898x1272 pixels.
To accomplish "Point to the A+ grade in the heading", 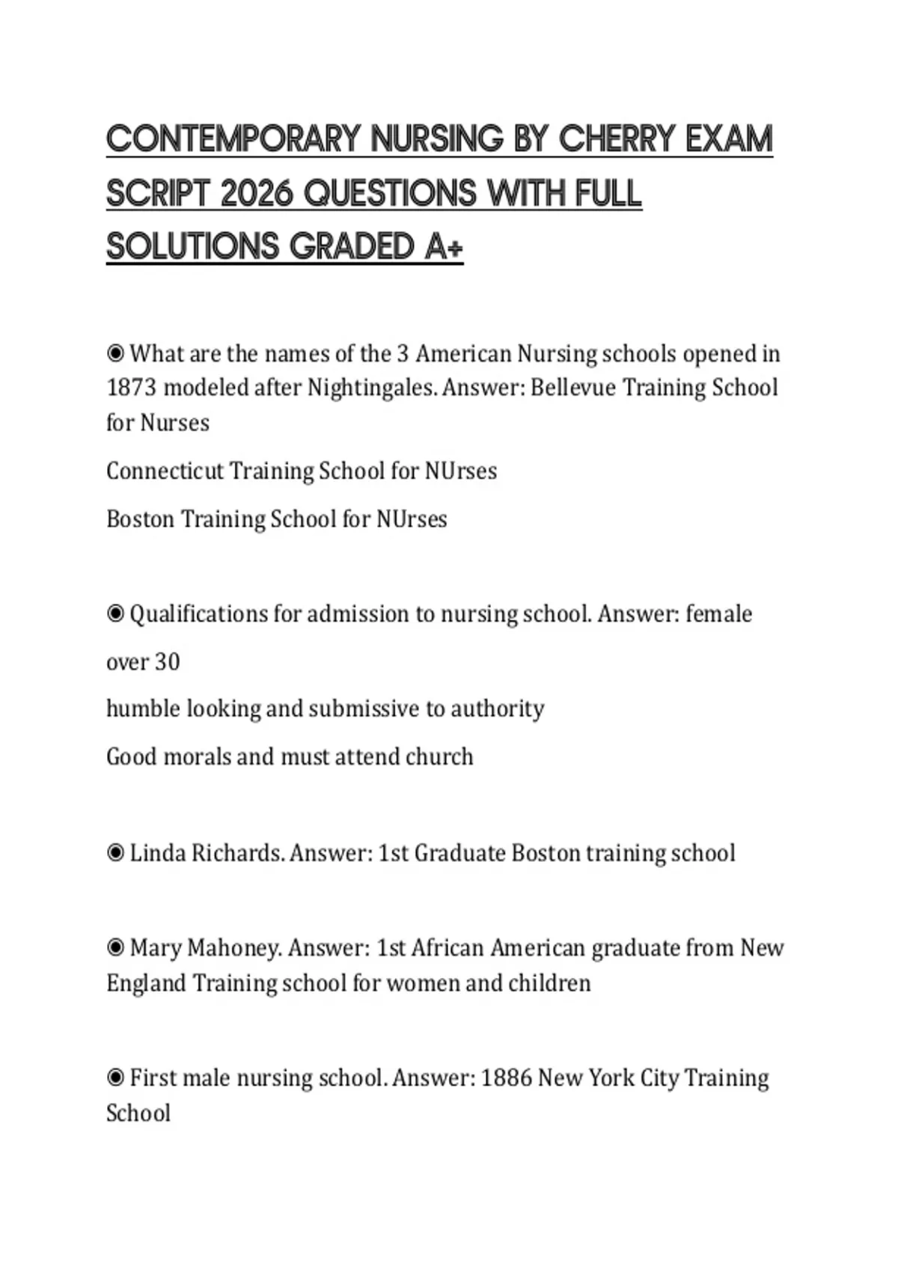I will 444,247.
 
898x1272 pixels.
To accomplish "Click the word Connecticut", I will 165,471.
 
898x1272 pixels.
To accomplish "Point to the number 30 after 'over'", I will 167,662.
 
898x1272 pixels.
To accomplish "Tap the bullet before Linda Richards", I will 115,853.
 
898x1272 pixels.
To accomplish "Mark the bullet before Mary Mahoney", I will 115,948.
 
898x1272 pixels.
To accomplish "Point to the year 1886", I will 506,1078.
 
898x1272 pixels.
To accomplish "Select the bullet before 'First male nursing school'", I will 115,1078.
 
